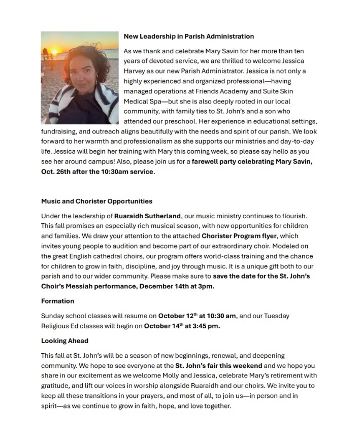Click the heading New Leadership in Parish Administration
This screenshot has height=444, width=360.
click(188, 37)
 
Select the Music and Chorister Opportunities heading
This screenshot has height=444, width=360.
click(96, 201)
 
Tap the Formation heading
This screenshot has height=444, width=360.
click(57, 301)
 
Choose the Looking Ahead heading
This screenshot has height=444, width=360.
click(64, 340)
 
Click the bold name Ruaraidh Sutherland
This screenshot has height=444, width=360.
click(147, 216)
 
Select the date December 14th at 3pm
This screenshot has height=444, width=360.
click(176, 286)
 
